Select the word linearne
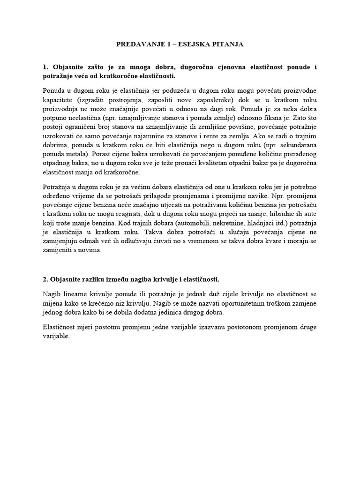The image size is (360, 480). tap(74, 294)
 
